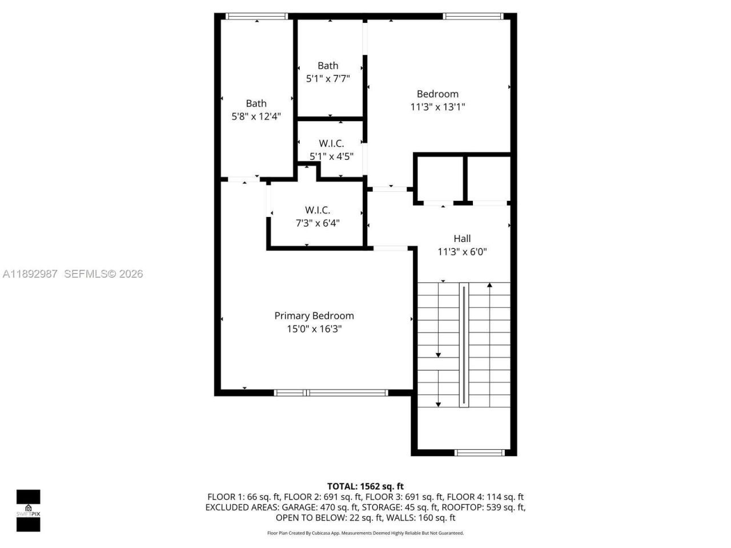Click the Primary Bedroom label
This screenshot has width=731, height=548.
[314, 316]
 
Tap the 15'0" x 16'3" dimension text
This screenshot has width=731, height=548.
[314, 329]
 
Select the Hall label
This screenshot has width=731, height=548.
[462, 239]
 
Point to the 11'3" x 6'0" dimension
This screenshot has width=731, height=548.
[462, 252]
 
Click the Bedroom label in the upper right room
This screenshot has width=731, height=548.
[437, 94]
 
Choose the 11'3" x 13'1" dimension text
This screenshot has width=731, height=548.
[437, 107]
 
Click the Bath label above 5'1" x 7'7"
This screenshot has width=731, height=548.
[328, 66]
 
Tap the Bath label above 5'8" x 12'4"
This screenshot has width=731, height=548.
[256, 103]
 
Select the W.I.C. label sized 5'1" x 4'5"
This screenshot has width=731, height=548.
[331, 143]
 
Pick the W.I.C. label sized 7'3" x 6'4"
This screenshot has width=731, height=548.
[317, 210]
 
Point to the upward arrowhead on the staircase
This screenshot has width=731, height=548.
[489, 284]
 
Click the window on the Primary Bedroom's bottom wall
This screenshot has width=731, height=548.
[331, 393]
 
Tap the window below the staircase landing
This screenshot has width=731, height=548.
[480, 453]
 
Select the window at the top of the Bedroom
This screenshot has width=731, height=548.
[473, 17]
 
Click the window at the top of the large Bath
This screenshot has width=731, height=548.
[256, 17]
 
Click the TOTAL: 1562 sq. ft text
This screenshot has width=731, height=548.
[365, 486]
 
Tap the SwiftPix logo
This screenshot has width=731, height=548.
[28, 510]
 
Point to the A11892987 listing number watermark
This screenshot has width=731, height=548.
[30, 274]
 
